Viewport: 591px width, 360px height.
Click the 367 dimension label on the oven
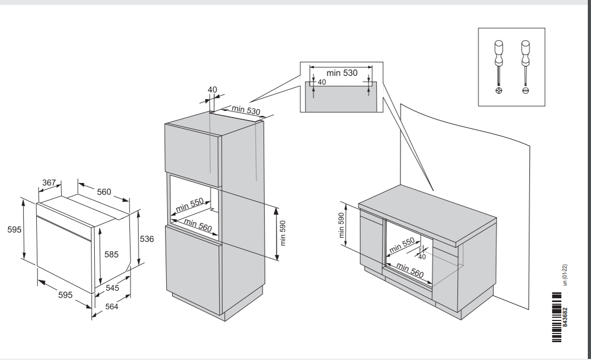tap(49, 183)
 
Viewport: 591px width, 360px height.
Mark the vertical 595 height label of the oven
tap(10, 230)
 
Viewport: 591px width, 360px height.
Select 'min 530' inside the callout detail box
tap(342, 73)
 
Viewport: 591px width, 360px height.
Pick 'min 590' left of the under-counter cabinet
tap(342, 224)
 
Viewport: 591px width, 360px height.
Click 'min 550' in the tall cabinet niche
tap(189, 205)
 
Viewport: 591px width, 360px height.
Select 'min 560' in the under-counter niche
tap(410, 269)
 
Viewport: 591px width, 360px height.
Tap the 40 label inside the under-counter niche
tap(422, 257)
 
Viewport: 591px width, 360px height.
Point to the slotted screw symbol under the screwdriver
tap(524, 91)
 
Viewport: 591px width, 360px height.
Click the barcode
tap(554, 316)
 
